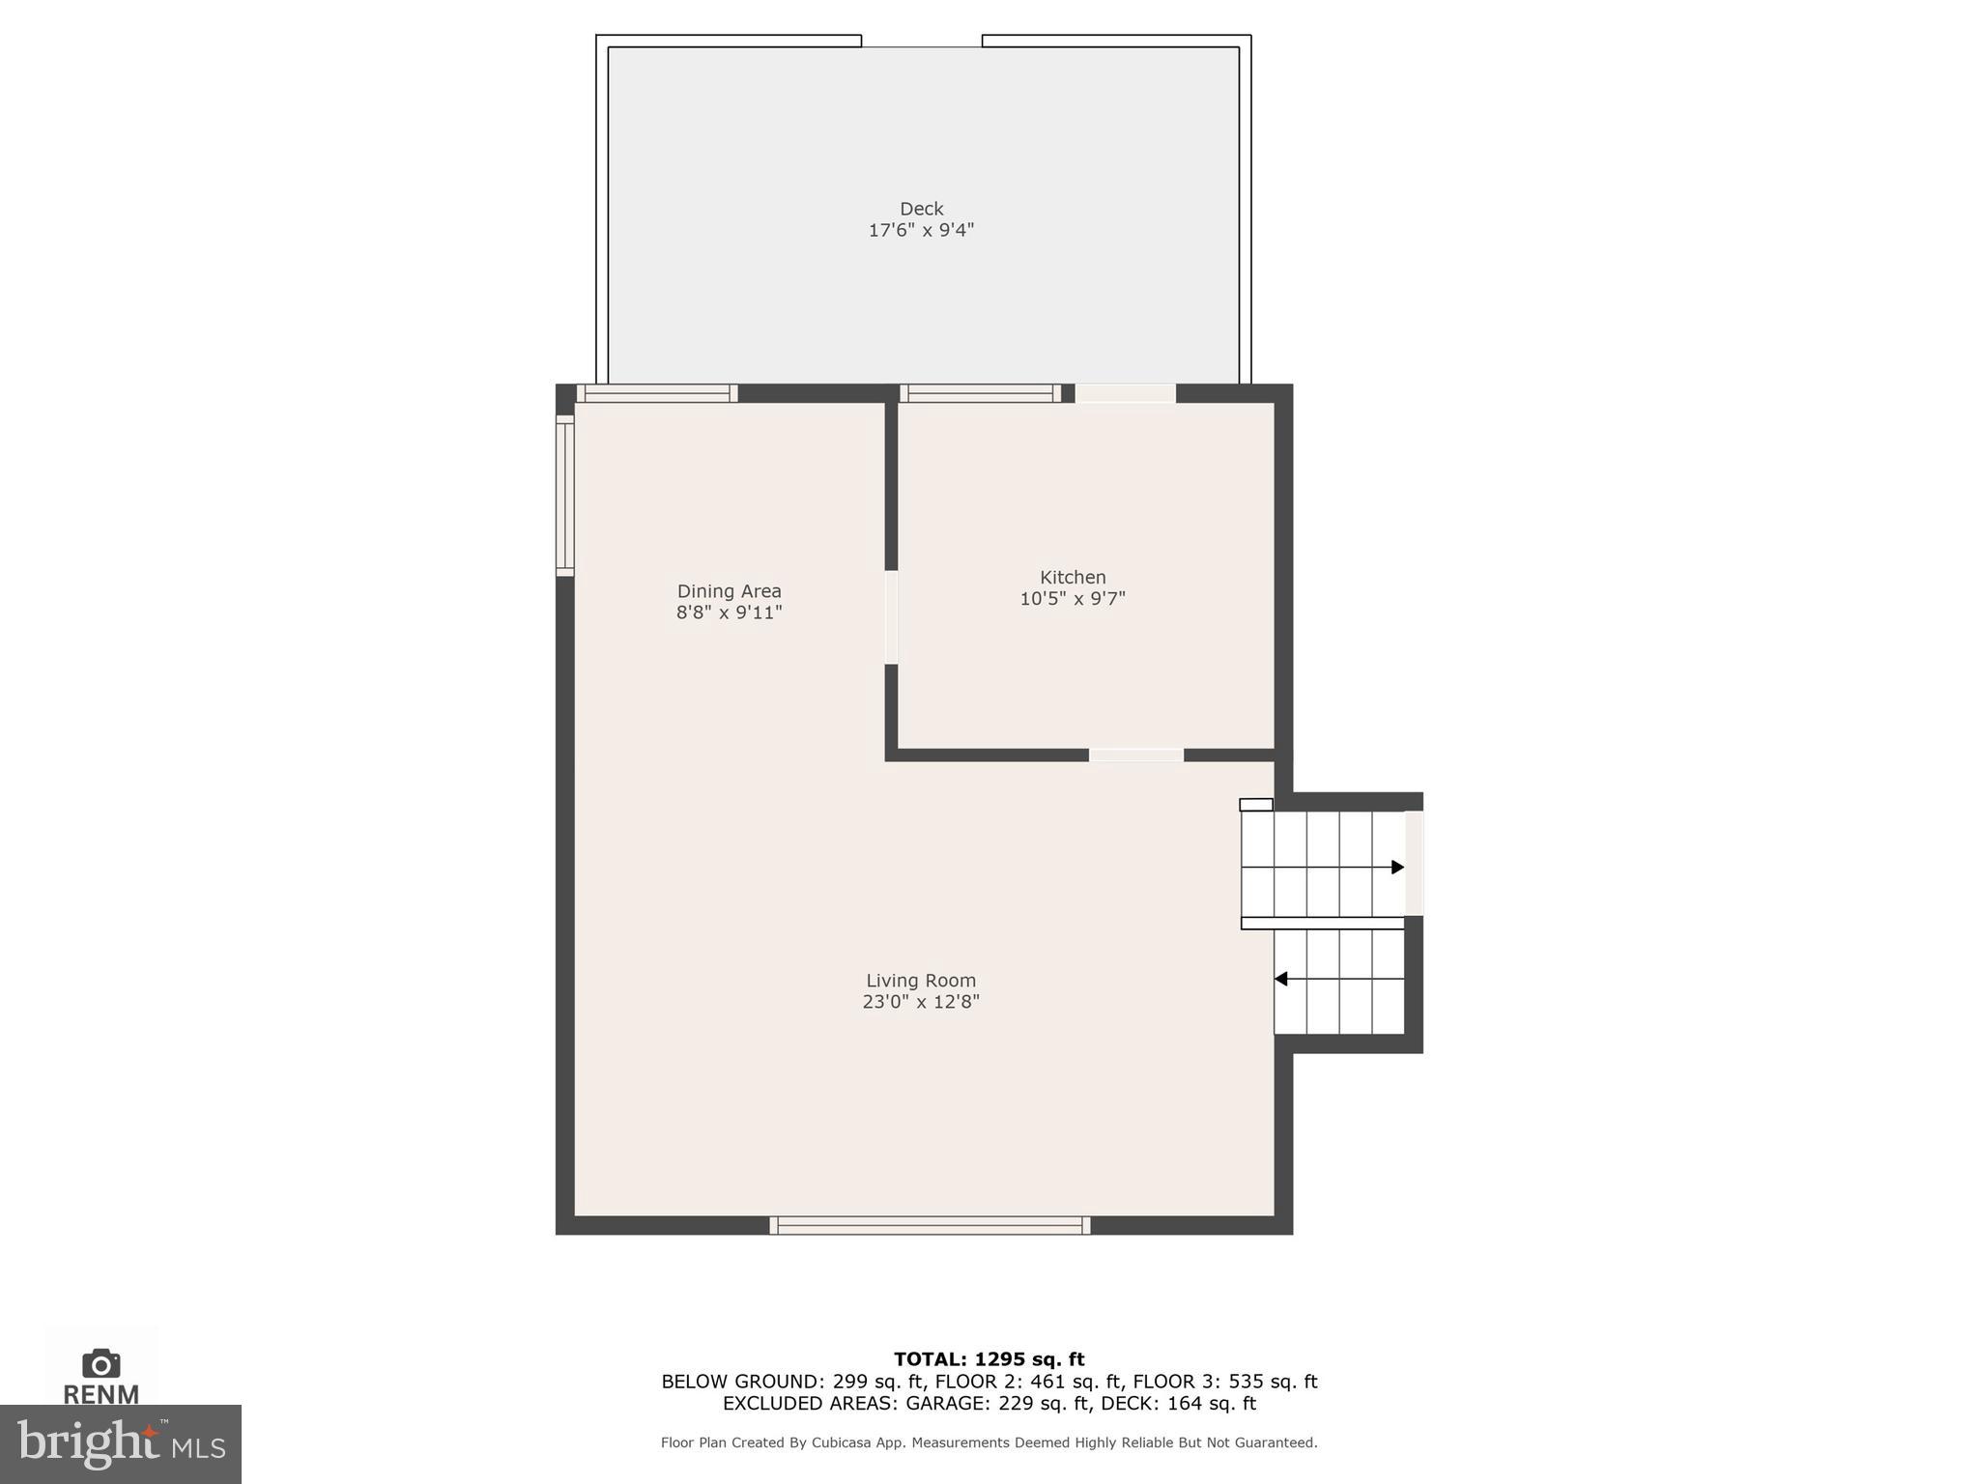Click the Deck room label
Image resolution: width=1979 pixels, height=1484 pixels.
coord(921,209)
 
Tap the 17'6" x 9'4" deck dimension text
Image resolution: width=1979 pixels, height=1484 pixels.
coord(921,231)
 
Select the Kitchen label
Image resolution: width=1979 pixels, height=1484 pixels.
coord(1073,577)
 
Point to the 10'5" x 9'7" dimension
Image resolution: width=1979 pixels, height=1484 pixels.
coord(1073,599)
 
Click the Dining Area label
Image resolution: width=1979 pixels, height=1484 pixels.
coord(729,591)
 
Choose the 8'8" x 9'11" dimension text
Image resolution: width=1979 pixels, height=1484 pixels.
coord(729,613)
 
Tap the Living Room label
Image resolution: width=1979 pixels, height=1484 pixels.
coord(921,981)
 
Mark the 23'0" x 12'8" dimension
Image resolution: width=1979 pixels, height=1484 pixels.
coord(921,1003)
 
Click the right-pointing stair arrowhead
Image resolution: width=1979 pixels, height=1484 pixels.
coord(1397,868)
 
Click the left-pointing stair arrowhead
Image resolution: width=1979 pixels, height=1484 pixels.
coord(1280,980)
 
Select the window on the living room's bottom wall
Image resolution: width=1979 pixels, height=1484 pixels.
coord(930,1226)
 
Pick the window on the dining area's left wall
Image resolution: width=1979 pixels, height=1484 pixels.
coord(565,496)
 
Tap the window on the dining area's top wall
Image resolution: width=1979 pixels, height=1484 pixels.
coord(657,393)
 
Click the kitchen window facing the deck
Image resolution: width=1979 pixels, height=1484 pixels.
coord(981,393)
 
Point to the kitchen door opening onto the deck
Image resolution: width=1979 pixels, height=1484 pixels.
coord(1126,393)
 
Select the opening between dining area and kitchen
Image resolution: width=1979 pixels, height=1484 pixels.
coord(891,617)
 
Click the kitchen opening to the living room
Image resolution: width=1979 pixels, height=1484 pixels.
coord(1136,756)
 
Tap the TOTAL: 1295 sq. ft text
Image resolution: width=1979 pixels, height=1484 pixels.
coord(989,1359)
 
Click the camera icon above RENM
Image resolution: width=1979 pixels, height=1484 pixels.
coord(101,1363)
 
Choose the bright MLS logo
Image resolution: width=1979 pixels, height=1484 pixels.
coord(121,1444)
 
